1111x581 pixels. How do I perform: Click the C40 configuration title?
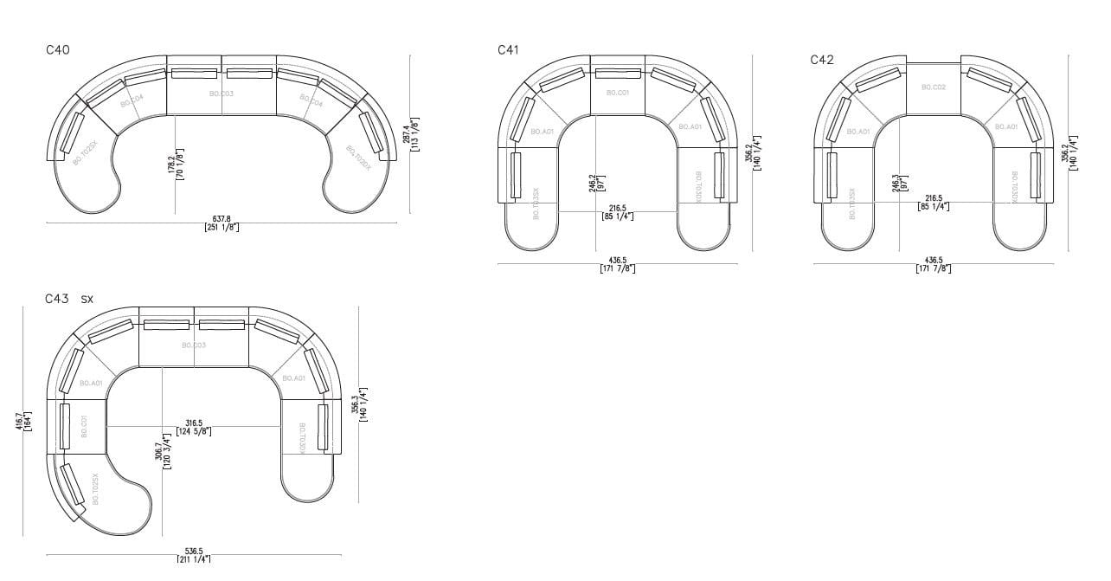[x=58, y=50]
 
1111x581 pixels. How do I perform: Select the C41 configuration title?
[x=508, y=50]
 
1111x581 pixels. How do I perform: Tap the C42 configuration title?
[x=822, y=60]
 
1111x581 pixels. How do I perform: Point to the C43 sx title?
[x=69, y=299]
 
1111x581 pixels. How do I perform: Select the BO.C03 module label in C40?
[x=222, y=94]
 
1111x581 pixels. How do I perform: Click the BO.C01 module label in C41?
[x=618, y=93]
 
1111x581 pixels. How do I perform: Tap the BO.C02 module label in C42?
[x=934, y=87]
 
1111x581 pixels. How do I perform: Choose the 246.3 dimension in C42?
[x=896, y=184]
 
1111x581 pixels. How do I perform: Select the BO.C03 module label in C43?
[x=194, y=345]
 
